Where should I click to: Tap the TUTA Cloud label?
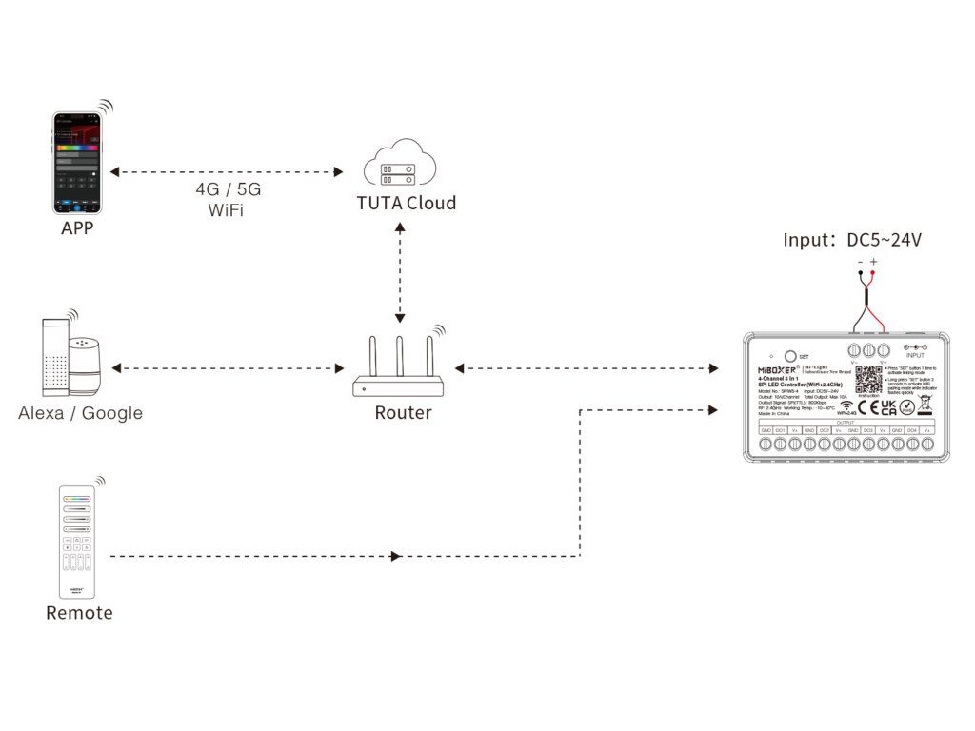click(407, 203)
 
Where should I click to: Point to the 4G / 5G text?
click(227, 188)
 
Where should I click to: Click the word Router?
click(403, 413)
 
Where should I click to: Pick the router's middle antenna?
click(401, 357)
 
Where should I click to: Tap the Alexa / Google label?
click(81, 413)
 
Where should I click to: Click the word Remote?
click(79, 613)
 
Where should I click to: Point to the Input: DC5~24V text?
click(852, 241)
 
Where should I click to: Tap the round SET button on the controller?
click(789, 354)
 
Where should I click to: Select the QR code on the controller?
click(867, 379)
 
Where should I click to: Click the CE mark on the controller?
click(867, 408)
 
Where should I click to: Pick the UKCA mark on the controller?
click(888, 407)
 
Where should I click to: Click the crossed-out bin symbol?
click(925, 405)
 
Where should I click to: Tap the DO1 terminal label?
click(780, 430)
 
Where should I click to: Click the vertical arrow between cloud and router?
click(401, 272)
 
